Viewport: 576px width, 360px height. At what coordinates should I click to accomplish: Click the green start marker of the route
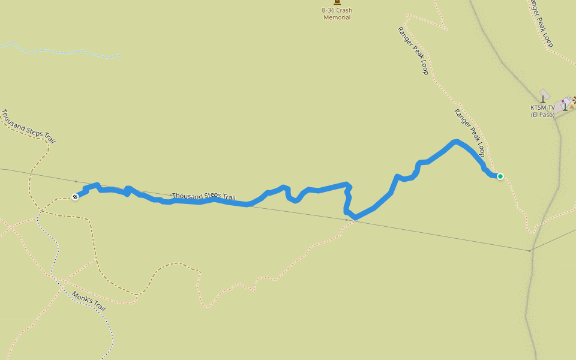500,176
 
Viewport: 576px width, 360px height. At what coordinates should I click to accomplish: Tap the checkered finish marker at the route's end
75,197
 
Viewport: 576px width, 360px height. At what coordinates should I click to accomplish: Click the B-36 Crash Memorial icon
337,2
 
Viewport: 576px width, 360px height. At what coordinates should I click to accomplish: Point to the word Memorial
337,17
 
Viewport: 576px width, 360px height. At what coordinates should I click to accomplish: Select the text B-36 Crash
337,10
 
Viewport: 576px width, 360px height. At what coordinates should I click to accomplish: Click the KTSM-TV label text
542,107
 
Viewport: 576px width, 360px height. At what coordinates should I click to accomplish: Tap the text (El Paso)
542,115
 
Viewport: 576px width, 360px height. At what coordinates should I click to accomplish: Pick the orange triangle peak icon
572,106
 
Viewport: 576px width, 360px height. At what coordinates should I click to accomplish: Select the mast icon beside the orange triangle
565,106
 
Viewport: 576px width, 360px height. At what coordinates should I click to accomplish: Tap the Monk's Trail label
89,301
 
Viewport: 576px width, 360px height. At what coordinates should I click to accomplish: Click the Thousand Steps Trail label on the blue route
204,196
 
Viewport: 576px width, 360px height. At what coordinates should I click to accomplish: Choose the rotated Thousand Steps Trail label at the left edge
28,126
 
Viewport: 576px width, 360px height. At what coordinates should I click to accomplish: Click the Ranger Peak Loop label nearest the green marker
469,133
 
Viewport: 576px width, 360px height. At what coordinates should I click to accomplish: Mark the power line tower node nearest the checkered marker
76,181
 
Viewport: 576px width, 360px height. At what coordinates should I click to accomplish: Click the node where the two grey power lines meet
529,250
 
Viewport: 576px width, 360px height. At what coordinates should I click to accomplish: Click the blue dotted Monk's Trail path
54,264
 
